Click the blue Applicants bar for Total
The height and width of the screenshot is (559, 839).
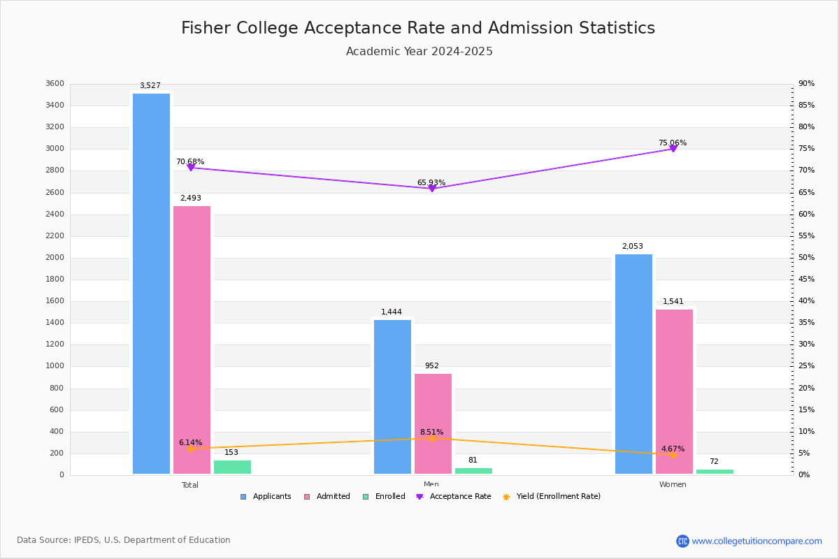pos(151,284)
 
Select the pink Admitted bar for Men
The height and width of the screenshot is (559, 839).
pos(433,424)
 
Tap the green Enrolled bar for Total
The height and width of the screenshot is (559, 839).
pos(232,467)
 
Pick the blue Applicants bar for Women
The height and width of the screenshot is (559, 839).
pos(633,364)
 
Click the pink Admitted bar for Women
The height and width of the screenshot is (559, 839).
pos(674,391)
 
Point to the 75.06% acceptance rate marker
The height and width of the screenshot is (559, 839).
pos(673,149)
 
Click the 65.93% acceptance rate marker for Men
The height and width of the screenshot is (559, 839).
pos(431,189)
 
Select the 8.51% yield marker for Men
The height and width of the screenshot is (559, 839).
pos(431,438)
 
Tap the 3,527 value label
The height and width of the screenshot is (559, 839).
pos(150,86)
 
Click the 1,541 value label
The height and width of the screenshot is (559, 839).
pos(673,302)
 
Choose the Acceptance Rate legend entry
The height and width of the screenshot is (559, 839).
pos(454,497)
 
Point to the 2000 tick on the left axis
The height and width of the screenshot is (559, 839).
pos(55,258)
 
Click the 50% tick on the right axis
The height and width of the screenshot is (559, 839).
pos(806,258)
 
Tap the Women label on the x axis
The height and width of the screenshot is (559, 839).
pos(673,485)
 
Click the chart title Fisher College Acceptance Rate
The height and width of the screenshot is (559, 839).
pos(418,28)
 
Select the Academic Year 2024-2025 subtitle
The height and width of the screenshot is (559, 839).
pos(419,52)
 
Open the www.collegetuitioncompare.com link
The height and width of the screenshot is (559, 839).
pos(756,541)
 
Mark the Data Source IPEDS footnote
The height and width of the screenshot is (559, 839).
pos(124,540)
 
